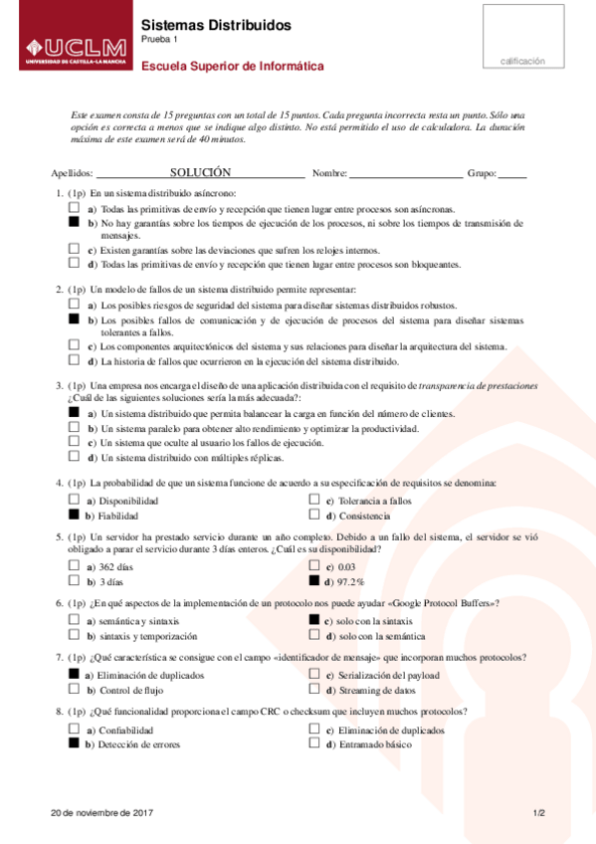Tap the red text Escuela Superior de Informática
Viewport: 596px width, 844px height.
[x=233, y=67]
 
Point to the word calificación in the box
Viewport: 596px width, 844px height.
[x=522, y=61]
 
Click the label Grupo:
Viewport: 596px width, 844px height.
[x=481, y=173]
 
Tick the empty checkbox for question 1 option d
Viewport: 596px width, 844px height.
[x=74, y=263]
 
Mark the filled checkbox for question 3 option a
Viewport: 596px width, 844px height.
[x=74, y=411]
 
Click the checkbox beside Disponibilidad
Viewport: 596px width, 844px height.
[x=74, y=500]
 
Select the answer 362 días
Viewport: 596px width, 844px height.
[x=120, y=565]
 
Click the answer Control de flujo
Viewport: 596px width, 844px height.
[x=130, y=690]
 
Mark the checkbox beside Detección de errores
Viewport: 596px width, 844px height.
[x=74, y=742]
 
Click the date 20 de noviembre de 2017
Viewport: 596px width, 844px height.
[x=101, y=813]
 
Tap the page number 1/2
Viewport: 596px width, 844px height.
[x=538, y=813]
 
